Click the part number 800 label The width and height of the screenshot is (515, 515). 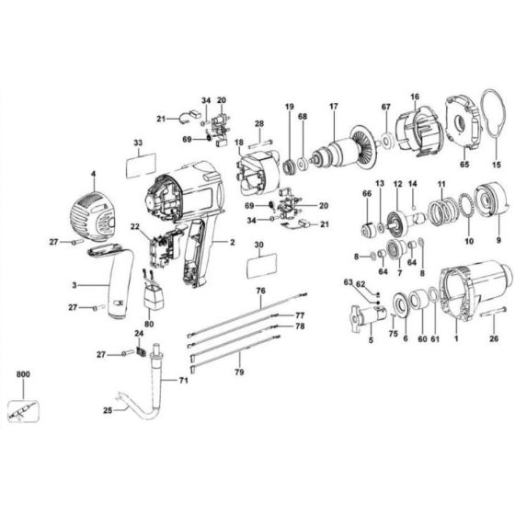(x=22, y=375)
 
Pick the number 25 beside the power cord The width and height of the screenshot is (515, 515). (x=107, y=410)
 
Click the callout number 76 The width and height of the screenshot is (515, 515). (x=260, y=292)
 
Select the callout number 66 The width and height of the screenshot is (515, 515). (x=367, y=195)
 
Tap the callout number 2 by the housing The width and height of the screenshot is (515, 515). (x=233, y=242)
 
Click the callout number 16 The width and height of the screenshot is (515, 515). (x=415, y=97)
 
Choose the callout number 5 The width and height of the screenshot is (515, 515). (x=371, y=339)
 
